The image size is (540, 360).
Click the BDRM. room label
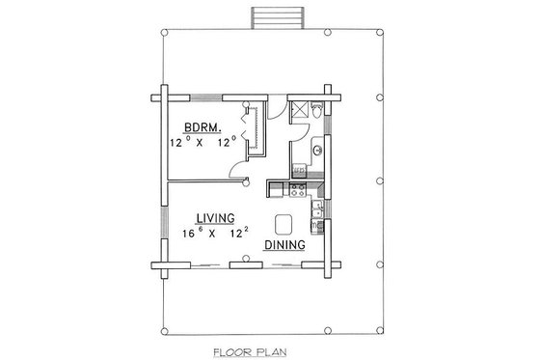tap(207, 126)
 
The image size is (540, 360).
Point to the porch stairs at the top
tap(269, 17)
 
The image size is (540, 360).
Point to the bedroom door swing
tap(234, 170)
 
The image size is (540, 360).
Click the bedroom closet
tap(256, 130)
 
